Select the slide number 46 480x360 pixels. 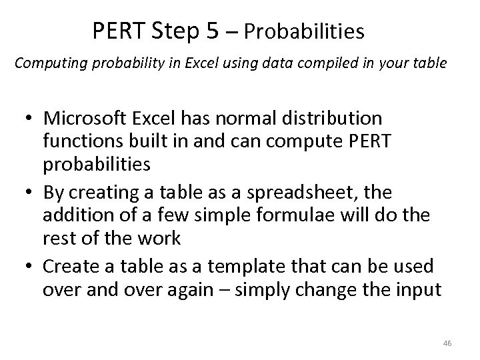click(x=447, y=343)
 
